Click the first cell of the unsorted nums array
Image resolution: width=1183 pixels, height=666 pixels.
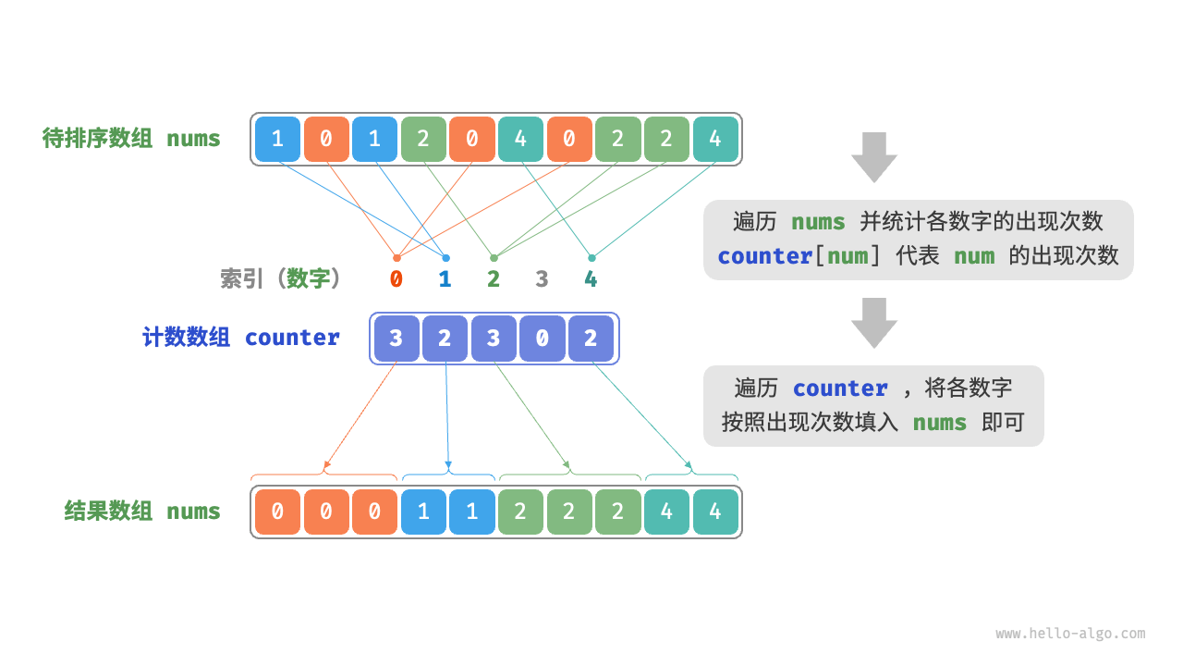pyautogui.click(x=277, y=140)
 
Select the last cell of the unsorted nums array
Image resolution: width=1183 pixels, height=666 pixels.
pyautogui.click(x=715, y=140)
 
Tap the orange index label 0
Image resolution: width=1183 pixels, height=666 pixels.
pyautogui.click(x=396, y=278)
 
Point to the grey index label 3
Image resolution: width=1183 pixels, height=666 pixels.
pyautogui.click(x=542, y=278)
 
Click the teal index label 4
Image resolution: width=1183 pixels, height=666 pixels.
pyautogui.click(x=591, y=278)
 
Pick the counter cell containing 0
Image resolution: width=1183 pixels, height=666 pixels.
pyautogui.click(x=542, y=339)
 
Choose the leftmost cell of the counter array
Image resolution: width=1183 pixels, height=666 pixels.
pyautogui.click(x=396, y=339)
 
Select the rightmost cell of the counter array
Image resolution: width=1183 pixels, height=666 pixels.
pyautogui.click(x=591, y=339)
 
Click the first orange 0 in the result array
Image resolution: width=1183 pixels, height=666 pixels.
pyautogui.click(x=277, y=512)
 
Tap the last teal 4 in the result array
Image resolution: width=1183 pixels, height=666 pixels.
pyautogui.click(x=715, y=512)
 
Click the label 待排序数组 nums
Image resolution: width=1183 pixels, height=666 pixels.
pyautogui.click(x=131, y=139)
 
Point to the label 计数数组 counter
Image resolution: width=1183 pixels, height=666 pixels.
pyautogui.click(x=240, y=338)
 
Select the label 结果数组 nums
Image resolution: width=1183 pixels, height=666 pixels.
pyautogui.click(x=142, y=511)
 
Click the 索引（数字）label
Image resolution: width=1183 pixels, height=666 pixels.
pyautogui.click(x=281, y=278)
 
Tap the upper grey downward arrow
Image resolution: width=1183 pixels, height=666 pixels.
pyautogui.click(x=873, y=156)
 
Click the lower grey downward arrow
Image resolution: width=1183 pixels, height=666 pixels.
pyautogui.click(x=873, y=322)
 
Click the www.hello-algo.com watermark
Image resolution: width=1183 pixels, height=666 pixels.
pyautogui.click(x=1070, y=634)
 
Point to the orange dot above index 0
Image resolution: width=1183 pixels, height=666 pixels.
pyautogui.click(x=396, y=258)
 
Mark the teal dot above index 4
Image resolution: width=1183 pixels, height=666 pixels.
pyautogui.click(x=591, y=258)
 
